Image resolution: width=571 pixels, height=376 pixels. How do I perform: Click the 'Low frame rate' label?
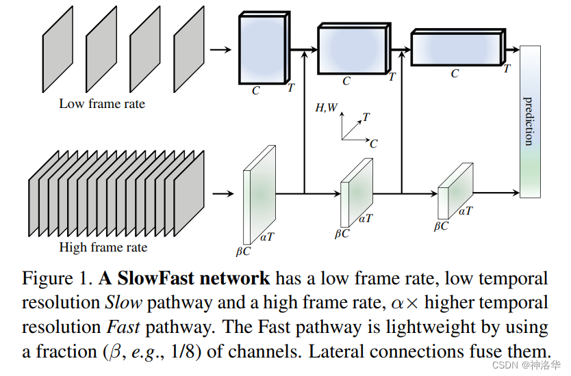pyautogui.click(x=102, y=104)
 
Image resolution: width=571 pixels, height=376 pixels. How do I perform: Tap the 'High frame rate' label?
pyautogui.click(x=103, y=247)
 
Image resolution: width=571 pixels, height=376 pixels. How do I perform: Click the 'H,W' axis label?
pyautogui.click(x=326, y=107)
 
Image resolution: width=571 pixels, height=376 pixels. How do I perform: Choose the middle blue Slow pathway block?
pyautogui.click(x=353, y=49)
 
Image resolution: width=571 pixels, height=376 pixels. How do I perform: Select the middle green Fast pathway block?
pyautogui.click(x=356, y=192)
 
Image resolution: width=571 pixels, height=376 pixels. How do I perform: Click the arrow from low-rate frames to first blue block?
pyautogui.click(x=220, y=49)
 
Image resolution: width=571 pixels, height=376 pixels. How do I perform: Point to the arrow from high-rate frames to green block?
pyautogui.click(x=223, y=193)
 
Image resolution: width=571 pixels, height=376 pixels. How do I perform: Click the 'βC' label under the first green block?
pyautogui.click(x=244, y=252)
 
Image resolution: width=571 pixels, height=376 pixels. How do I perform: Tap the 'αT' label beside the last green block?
pyautogui.click(x=466, y=211)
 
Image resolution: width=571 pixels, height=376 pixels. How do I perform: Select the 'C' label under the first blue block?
pyautogui.click(x=255, y=90)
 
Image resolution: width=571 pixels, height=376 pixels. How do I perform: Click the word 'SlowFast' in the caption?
pyautogui.click(x=154, y=279)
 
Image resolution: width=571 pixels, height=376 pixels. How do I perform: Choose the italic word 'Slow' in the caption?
pyautogui.click(x=120, y=303)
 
